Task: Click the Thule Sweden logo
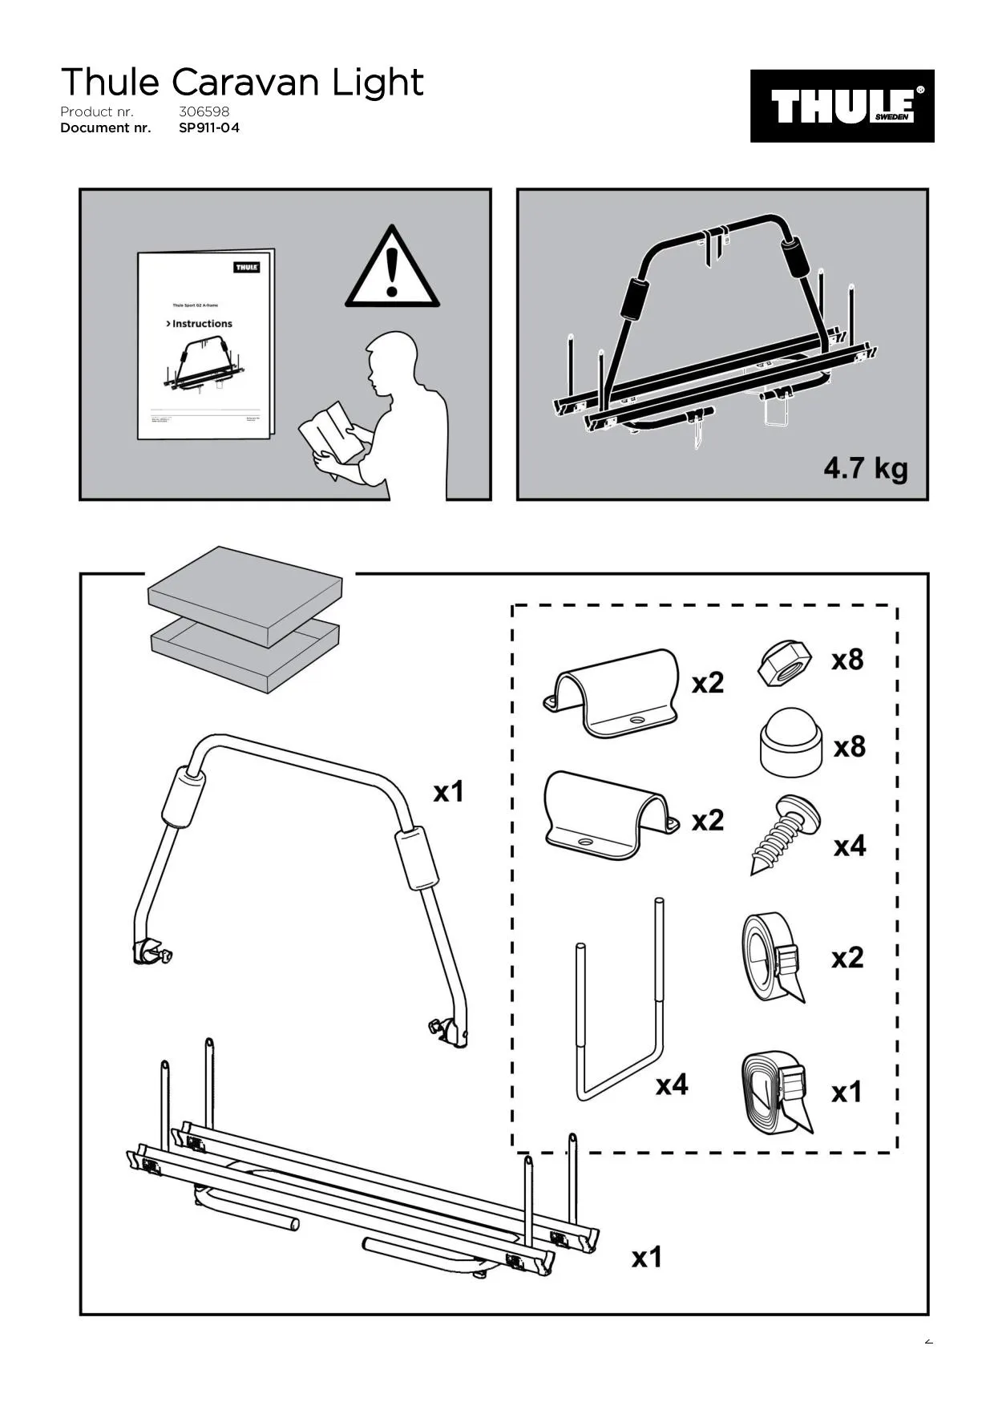click(842, 106)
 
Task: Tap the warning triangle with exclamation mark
click(392, 270)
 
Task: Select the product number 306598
click(204, 111)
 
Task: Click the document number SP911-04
click(208, 127)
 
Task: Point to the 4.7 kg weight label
click(865, 468)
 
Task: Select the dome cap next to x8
click(790, 741)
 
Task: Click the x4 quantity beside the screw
click(850, 846)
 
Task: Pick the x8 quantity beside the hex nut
click(847, 660)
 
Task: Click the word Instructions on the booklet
click(201, 324)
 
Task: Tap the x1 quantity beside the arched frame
click(449, 792)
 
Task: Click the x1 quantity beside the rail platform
click(647, 1257)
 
